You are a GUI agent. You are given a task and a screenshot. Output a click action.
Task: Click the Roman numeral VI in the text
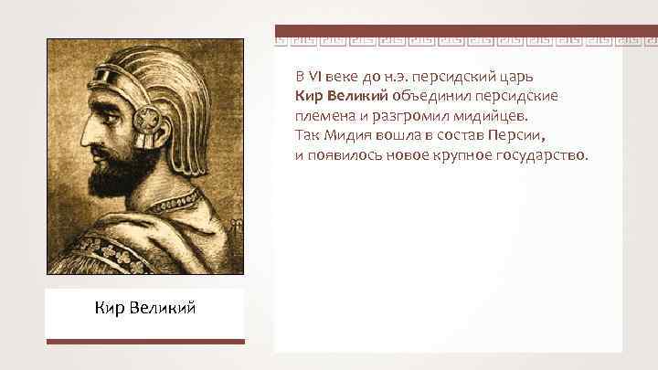click(313, 74)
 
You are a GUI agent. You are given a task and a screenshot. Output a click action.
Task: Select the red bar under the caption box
click(145, 342)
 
